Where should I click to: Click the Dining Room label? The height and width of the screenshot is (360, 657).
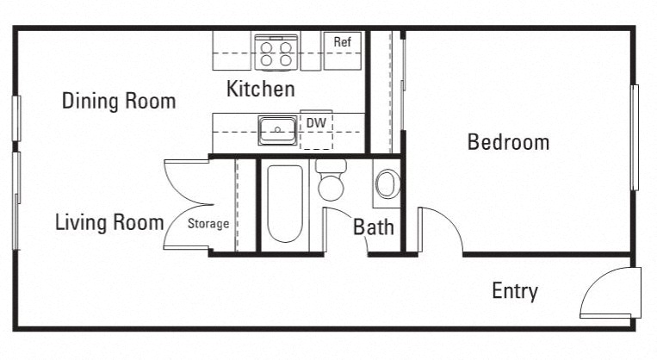tap(119, 101)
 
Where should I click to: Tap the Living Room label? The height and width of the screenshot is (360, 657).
tap(109, 223)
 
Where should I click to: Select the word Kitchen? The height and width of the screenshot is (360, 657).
tap(260, 89)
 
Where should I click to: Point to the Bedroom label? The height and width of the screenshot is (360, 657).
tap(508, 142)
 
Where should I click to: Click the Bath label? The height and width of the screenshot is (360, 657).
tap(374, 227)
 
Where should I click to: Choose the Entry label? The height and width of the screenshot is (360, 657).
tap(514, 291)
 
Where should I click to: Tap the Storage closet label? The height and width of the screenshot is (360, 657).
tap(209, 224)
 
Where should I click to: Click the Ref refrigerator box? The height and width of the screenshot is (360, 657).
tap(342, 51)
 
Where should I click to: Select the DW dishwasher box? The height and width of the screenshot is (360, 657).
tap(316, 131)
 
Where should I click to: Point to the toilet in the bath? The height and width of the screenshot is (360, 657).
tap(331, 182)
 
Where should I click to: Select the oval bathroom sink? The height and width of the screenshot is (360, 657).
tap(387, 184)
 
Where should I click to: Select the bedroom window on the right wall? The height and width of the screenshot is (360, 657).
tap(634, 138)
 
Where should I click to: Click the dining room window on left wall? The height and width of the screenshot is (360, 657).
tap(15, 118)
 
